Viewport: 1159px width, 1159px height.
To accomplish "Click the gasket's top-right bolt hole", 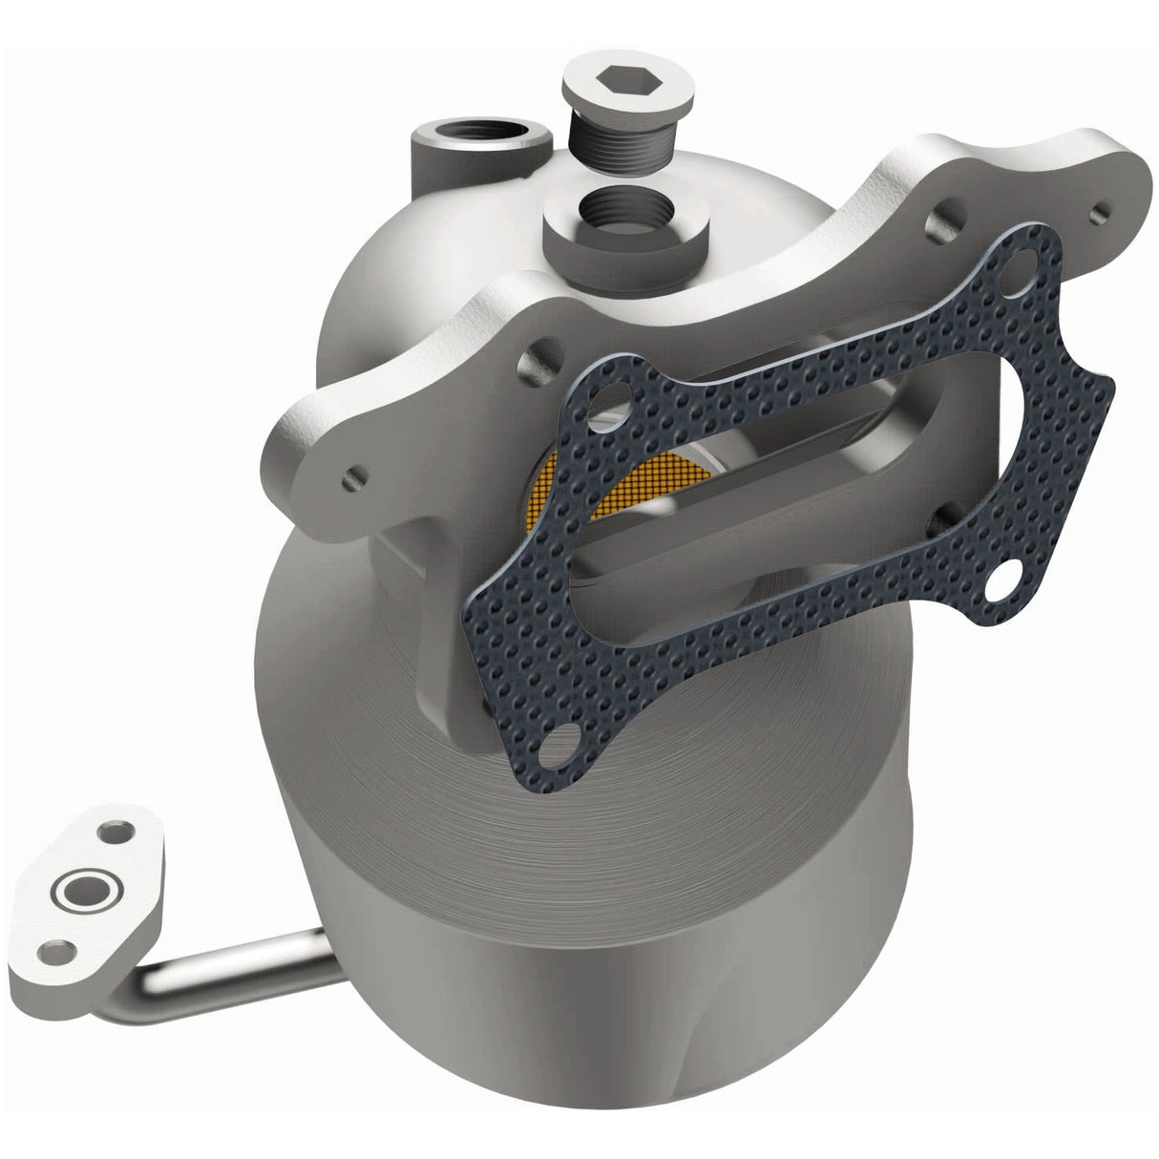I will tap(1024, 263).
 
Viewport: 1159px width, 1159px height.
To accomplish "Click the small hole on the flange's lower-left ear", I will tap(355, 472).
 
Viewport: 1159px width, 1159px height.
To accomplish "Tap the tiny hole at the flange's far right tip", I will tap(1104, 205).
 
